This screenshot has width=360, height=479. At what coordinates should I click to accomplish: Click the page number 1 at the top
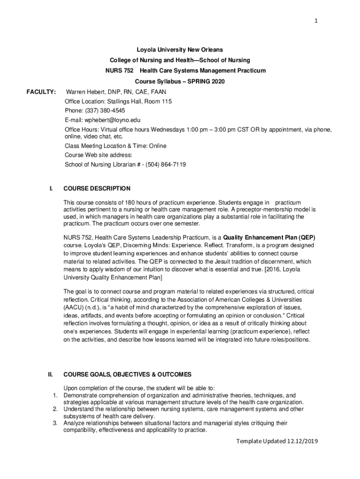coord(317,21)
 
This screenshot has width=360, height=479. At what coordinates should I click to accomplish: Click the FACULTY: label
coord(41,92)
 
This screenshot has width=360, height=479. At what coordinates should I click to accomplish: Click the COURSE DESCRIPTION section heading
coord(97,189)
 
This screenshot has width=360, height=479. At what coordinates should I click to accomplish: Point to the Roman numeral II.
coord(50,374)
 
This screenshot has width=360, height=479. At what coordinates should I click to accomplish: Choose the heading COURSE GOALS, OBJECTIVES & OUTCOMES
coord(127,374)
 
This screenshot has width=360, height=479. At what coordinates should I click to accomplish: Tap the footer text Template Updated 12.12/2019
coord(277,442)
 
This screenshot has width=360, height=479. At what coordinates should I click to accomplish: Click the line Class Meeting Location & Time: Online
coord(115,146)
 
